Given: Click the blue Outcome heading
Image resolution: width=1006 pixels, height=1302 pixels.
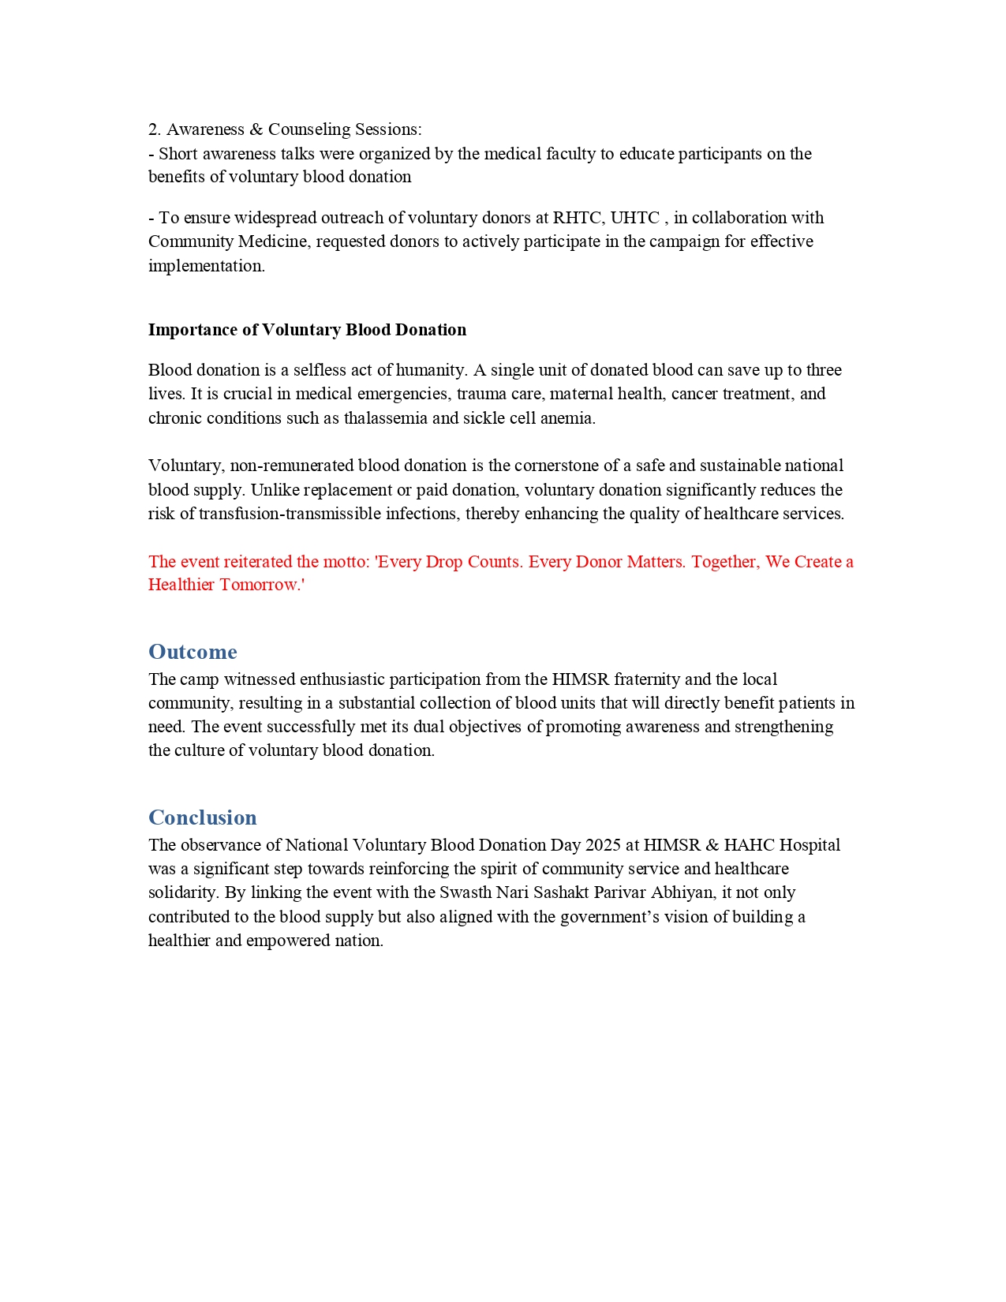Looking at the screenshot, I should [x=193, y=652].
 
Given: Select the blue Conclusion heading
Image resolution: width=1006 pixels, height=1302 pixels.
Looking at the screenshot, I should [x=203, y=817].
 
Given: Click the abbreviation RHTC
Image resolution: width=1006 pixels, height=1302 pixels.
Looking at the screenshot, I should [x=578, y=218].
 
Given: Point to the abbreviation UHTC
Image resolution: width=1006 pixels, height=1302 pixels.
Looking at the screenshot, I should [x=634, y=218].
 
